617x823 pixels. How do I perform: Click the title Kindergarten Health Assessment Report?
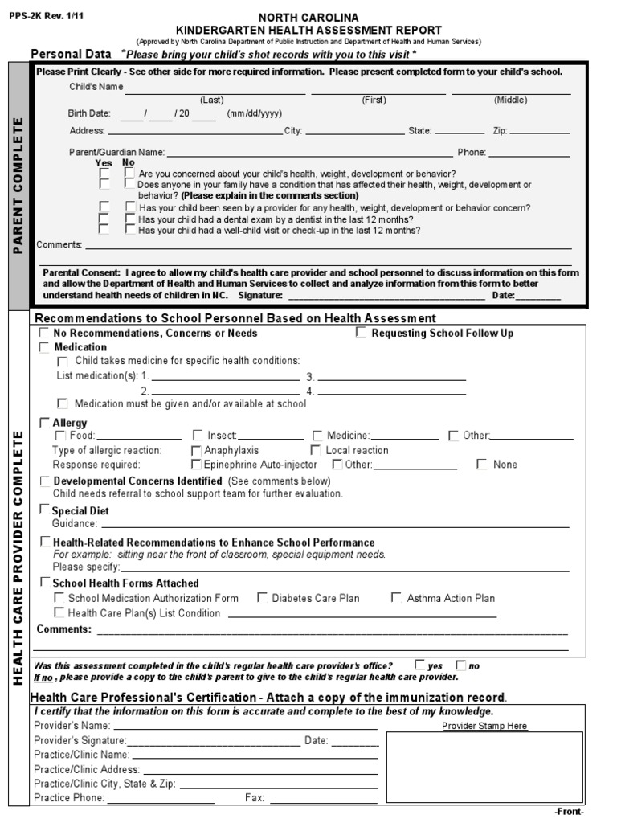308,30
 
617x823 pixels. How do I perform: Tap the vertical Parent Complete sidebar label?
18,186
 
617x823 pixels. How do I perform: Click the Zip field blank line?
539,132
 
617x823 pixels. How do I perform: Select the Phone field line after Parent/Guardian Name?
529,154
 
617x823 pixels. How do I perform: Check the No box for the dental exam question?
129,218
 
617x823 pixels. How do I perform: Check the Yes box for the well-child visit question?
104,229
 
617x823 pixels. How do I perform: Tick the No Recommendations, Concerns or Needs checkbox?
45,333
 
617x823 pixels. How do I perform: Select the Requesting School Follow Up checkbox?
362,333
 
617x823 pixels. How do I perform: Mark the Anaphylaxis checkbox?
196,450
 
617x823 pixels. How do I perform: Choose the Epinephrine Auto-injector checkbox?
196,464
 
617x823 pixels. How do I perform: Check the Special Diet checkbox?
45,510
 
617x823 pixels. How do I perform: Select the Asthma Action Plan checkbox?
396,597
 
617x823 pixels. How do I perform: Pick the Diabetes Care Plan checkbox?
262,597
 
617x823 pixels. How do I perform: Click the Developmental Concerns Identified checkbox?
45,481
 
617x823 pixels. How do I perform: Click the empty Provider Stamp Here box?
484,768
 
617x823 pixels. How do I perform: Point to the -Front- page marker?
569,811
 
